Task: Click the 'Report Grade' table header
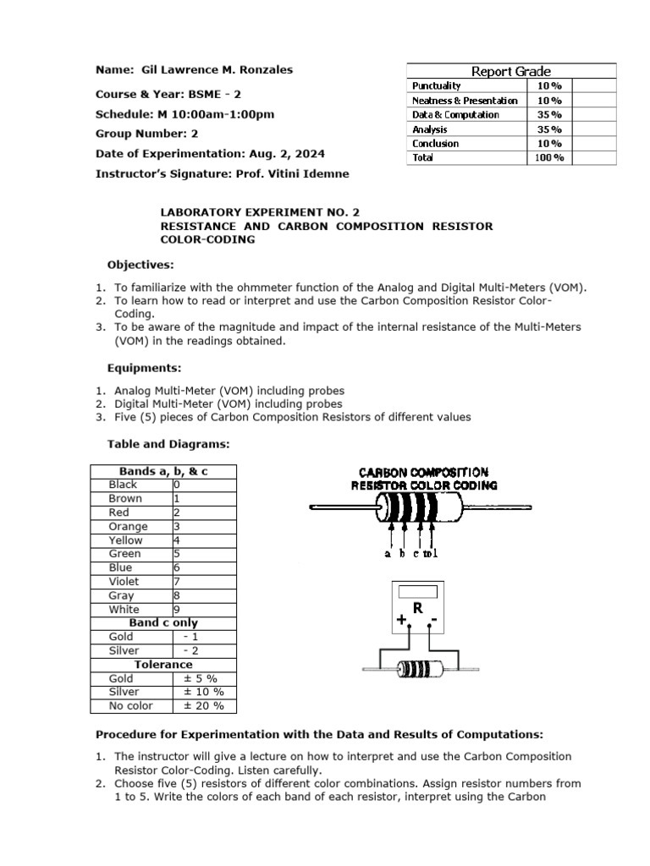coord(511,71)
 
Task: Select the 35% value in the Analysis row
coord(549,129)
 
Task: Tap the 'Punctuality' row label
coord(436,85)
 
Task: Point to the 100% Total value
coord(549,157)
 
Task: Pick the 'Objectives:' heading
coord(140,264)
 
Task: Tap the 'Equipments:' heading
coord(144,369)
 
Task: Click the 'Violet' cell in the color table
coord(124,581)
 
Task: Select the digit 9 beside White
coord(176,609)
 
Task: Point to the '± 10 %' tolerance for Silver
coord(203,692)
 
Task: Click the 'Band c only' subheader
coord(163,622)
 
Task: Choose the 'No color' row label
coord(131,705)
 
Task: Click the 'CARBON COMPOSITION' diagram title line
coord(424,473)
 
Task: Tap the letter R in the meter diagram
coord(417,608)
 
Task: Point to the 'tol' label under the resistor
coord(431,553)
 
